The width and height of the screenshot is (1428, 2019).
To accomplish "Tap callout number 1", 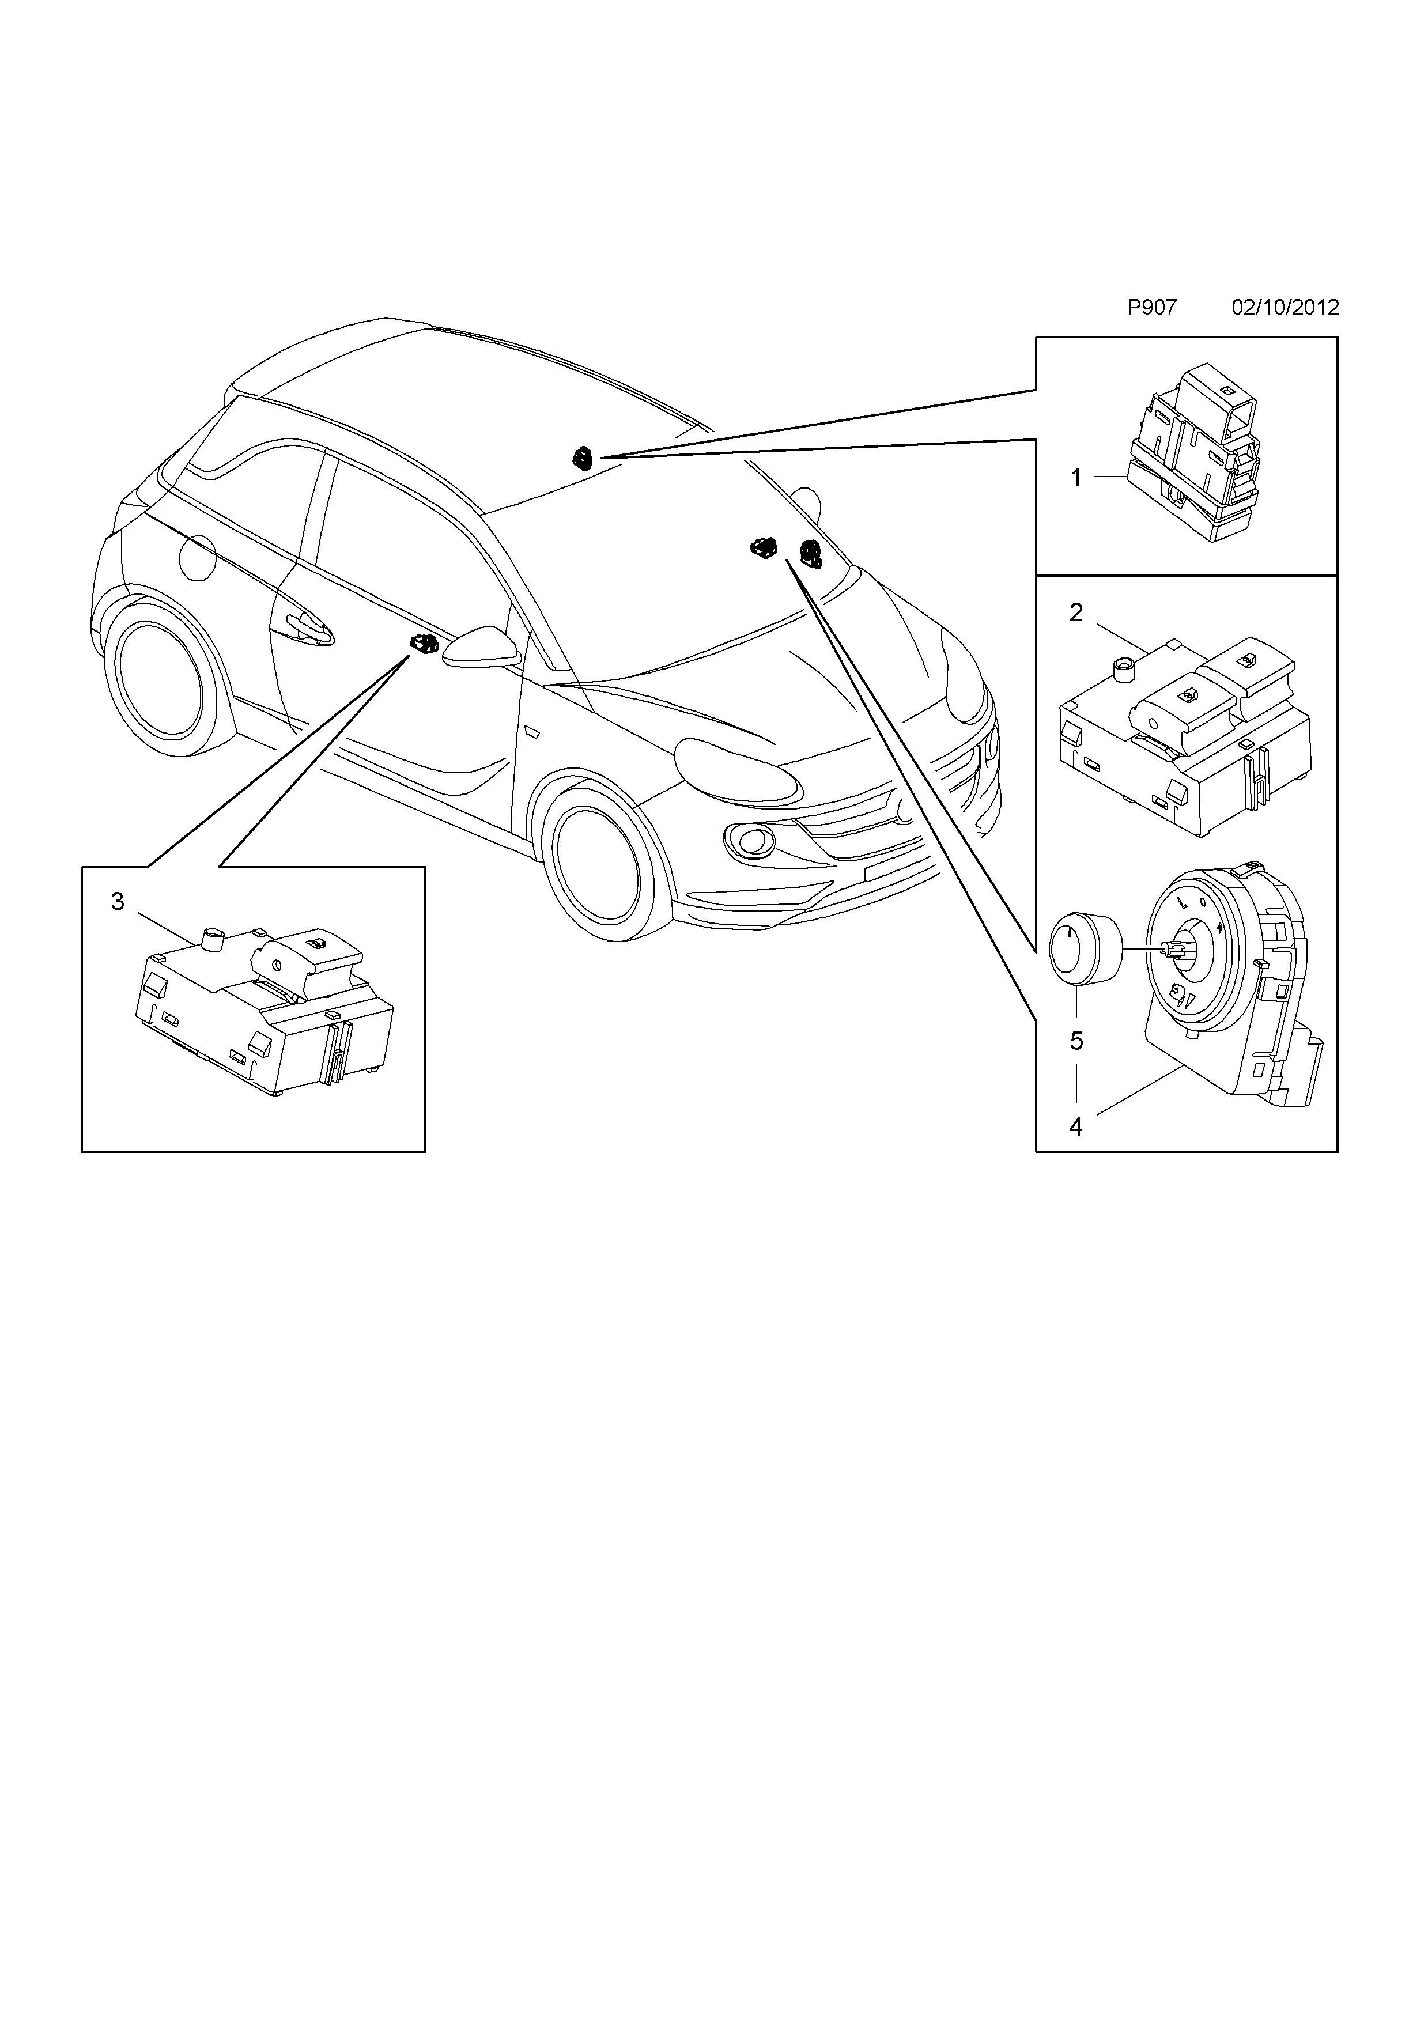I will (x=1075, y=478).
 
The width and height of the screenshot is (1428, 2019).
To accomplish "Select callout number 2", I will (x=1076, y=613).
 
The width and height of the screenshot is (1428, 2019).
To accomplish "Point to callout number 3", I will (x=118, y=901).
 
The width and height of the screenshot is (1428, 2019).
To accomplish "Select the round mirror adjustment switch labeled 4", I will (x=1231, y=976).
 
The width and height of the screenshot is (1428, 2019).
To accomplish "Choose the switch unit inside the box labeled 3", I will (x=264, y=1011).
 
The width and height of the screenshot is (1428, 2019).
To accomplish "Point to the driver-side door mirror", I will (x=479, y=647).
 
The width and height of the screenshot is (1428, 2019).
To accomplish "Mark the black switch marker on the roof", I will (x=582, y=458).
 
